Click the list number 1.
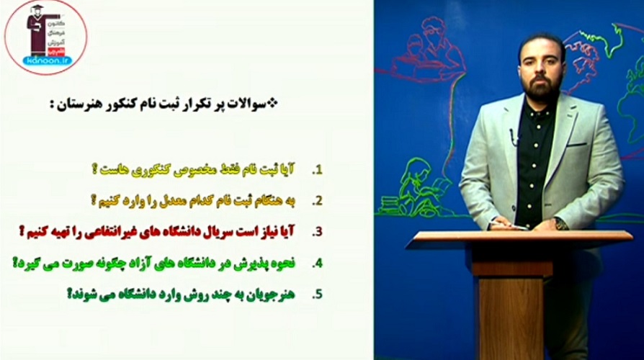point(316,171)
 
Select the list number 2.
point(316,201)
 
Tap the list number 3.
point(316,232)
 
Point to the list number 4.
point(316,264)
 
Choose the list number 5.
point(316,294)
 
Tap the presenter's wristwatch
point(560,224)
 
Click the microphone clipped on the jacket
point(513,135)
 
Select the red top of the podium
point(518,239)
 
